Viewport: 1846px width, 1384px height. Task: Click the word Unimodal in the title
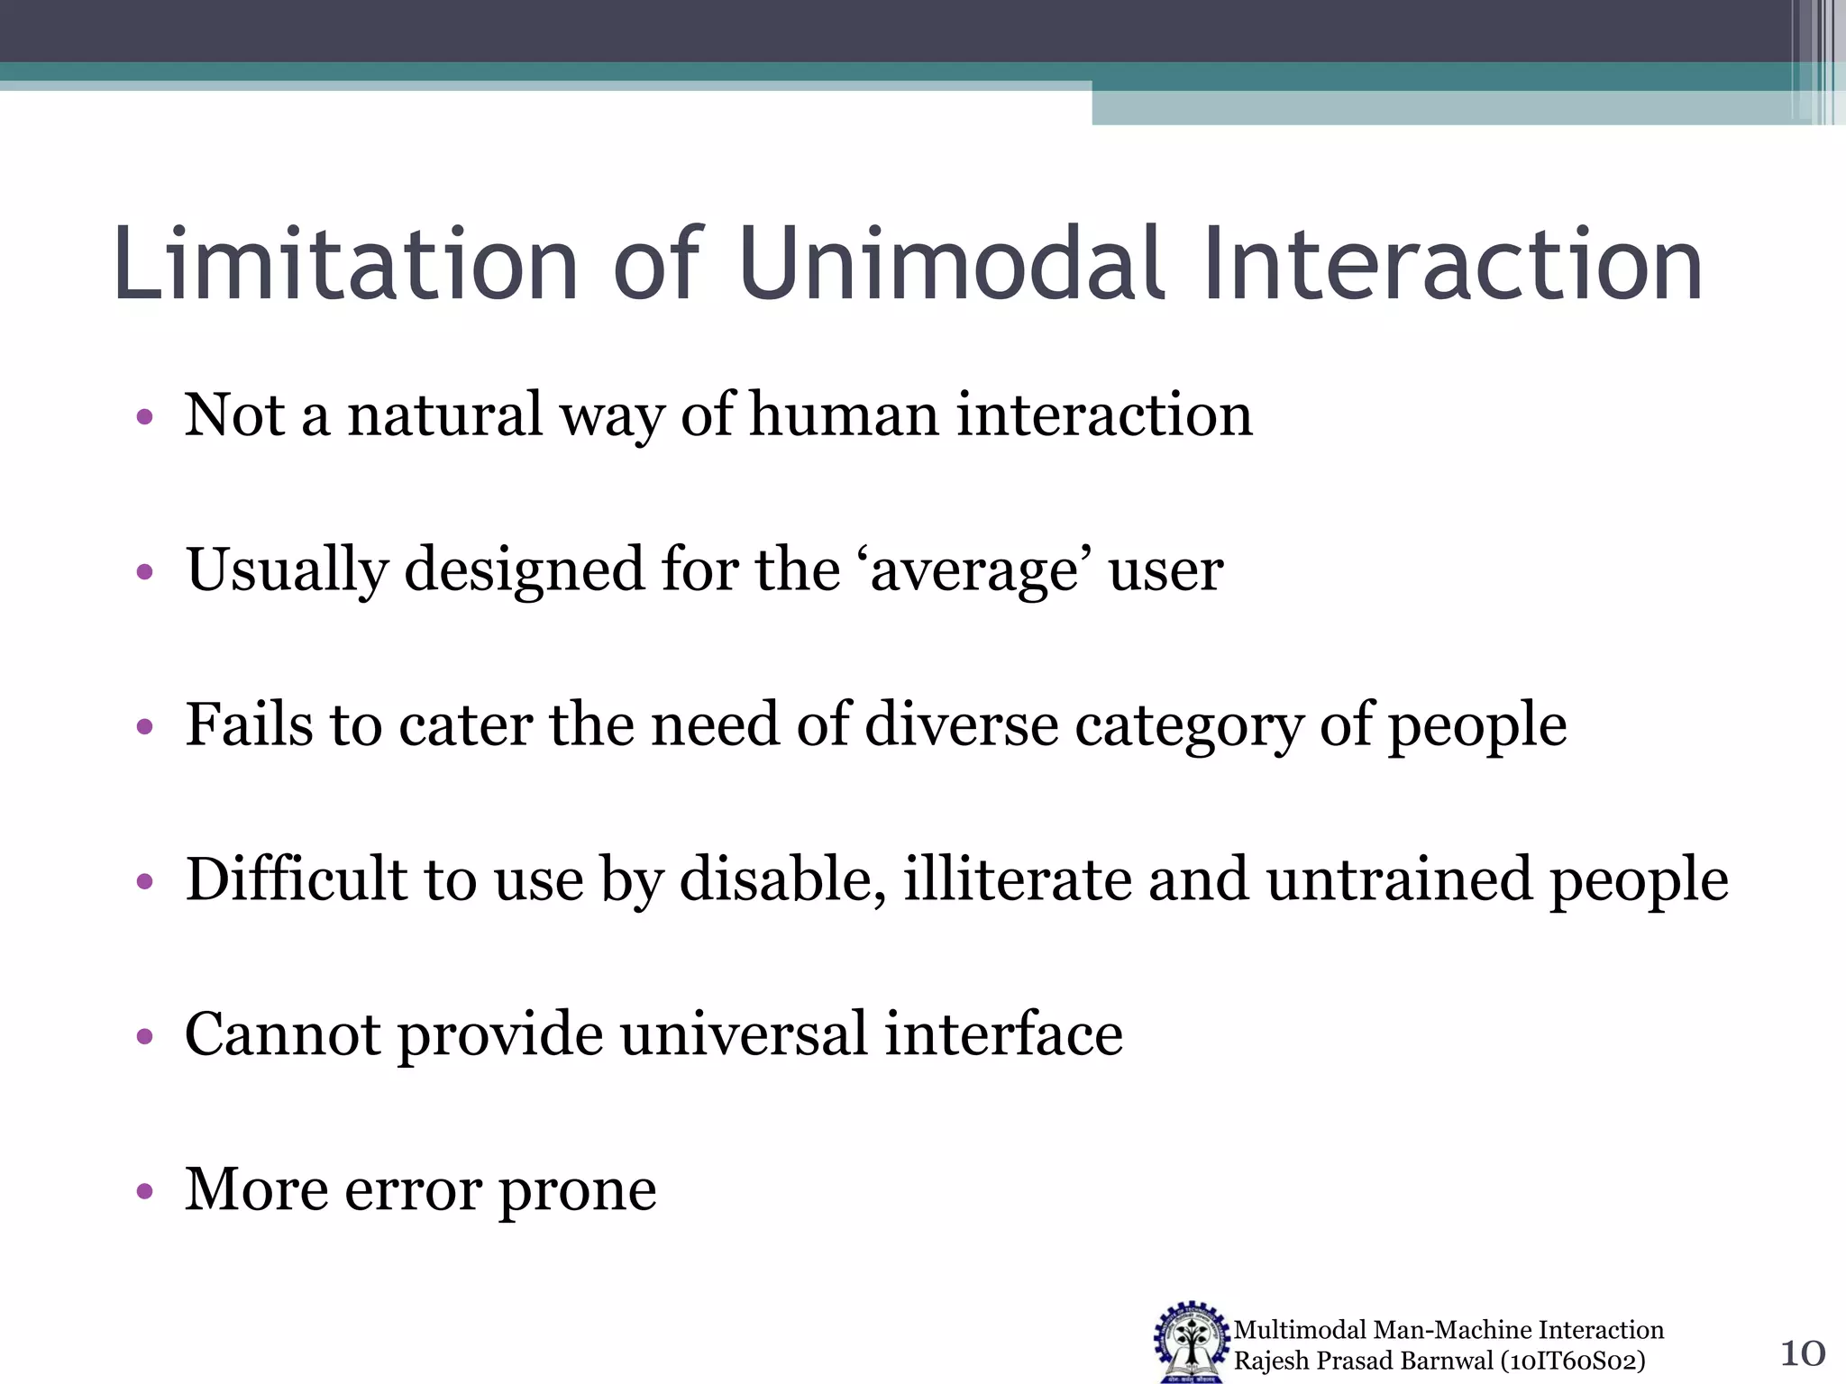(951, 264)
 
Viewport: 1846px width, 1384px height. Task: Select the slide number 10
(1802, 1353)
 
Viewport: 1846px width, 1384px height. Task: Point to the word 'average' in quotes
(973, 572)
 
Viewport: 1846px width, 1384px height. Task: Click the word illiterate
(1017, 880)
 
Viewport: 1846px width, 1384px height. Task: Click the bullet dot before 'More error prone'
(144, 1193)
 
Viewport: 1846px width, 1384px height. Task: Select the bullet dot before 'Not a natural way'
(144, 418)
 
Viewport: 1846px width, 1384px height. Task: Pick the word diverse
(961, 726)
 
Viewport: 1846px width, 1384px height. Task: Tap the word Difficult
(297, 880)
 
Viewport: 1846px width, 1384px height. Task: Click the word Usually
(288, 572)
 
